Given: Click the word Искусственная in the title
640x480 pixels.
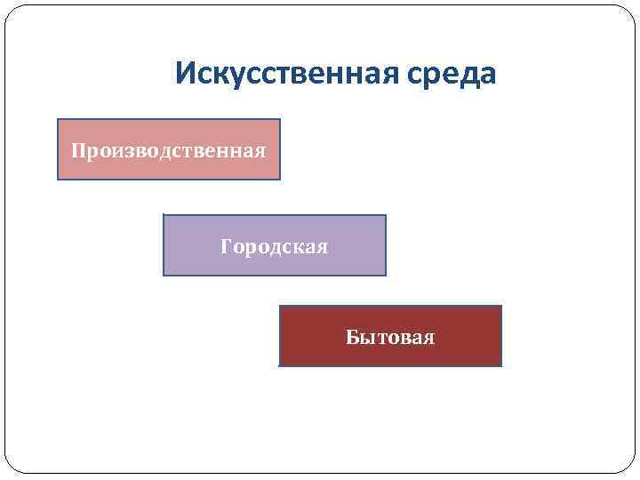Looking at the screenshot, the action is (286, 74).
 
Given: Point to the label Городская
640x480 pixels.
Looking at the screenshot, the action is (275, 246).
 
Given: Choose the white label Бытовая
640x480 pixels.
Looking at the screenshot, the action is (391, 337).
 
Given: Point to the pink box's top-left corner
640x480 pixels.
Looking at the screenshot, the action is (59, 120).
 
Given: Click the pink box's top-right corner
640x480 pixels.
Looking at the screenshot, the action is (279, 120).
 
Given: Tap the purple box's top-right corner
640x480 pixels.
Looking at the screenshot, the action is (386, 216).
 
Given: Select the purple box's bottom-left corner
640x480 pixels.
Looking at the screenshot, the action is (164, 275).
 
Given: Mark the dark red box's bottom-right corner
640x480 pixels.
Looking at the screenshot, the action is (501, 365).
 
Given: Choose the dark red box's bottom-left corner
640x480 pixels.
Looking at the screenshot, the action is (280, 365).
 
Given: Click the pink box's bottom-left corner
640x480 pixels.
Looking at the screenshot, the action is (59, 179).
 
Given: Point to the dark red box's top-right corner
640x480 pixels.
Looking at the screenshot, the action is (501, 307).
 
